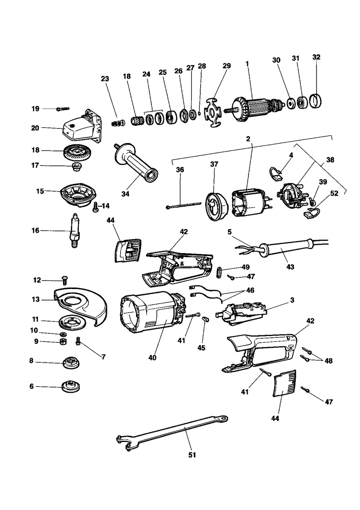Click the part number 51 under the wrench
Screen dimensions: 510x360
tap(192, 455)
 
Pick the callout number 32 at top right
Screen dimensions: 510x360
tap(317, 57)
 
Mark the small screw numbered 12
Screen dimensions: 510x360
tap(64, 281)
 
